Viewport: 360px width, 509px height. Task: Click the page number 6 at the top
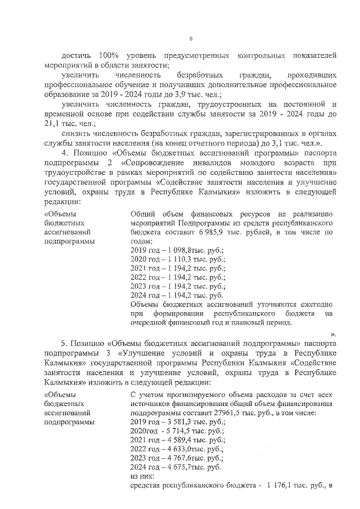(191, 38)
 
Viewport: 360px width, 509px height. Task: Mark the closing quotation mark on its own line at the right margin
(334, 333)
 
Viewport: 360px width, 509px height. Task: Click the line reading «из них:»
(141, 476)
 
